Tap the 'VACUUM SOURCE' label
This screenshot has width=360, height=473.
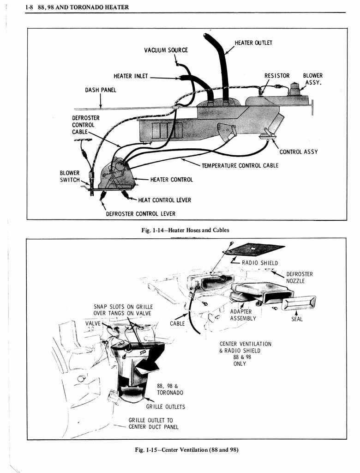point(166,50)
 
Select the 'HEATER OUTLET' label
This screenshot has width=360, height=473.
point(253,43)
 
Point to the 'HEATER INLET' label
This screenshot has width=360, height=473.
point(131,76)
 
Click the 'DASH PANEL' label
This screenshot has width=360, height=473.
point(101,90)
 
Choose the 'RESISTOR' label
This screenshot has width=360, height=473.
point(277,76)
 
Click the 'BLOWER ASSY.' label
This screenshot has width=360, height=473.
point(312,79)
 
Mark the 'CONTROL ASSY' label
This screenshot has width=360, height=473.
point(298,152)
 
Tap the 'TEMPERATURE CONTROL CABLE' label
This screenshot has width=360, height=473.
point(240,165)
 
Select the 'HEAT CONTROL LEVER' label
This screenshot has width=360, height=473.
point(164,200)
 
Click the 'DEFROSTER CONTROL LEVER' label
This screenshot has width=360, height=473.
point(141,213)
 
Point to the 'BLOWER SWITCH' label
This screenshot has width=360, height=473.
point(70,176)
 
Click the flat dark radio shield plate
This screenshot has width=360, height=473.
point(253,249)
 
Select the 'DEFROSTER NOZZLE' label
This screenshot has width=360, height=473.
point(299,278)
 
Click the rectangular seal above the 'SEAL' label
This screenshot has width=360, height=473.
point(298,303)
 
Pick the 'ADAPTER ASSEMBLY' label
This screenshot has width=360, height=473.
point(243,315)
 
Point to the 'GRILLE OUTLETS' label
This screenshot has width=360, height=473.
point(166,407)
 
